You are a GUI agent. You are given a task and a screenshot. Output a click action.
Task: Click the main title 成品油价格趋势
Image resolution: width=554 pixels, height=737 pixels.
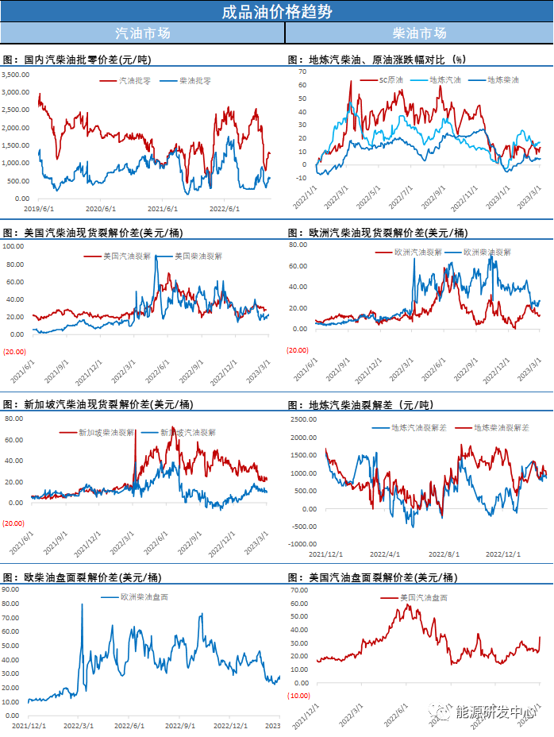(277, 12)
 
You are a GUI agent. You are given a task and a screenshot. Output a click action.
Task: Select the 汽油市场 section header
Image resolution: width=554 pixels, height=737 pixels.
(142, 33)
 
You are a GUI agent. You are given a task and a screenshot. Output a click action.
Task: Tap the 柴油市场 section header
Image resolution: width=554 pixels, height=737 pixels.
(419, 33)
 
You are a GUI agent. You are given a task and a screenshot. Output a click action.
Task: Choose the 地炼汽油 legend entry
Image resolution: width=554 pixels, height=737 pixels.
(444, 79)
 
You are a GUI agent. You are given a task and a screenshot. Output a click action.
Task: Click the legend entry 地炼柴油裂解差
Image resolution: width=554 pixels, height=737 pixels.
(499, 427)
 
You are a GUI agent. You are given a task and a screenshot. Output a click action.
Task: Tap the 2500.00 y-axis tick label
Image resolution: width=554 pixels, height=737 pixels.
(305, 419)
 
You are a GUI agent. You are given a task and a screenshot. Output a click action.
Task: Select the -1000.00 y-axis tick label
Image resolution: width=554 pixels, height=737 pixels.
(302, 544)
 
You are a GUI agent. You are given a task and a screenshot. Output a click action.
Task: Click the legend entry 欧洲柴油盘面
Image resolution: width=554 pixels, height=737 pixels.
(144, 596)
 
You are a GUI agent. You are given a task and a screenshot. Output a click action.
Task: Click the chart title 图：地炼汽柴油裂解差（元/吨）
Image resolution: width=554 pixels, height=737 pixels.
(360, 404)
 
